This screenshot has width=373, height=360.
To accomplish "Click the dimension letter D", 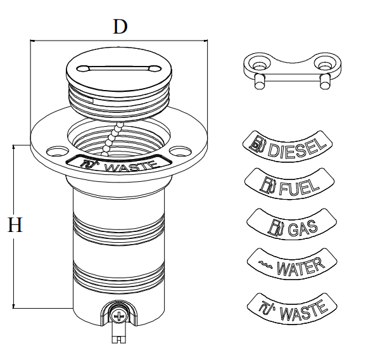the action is point(120,27).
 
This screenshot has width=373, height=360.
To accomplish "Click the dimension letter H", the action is point(15,224).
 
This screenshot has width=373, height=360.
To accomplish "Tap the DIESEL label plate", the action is point(288,146).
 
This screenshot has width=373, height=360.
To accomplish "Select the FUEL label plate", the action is point(289,184).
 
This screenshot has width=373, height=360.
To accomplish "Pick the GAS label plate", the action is point(292,224).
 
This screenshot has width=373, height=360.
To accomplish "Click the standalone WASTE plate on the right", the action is point(292,309).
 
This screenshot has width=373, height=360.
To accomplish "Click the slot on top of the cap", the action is point(118,68).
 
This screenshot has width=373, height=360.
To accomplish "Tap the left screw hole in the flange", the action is point(58,151).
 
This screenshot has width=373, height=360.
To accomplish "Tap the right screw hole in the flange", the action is point(180,151).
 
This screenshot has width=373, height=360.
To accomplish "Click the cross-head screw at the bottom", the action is point(118,316).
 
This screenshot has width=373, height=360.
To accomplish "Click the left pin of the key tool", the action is point(259,82).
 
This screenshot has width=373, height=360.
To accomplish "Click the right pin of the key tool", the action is point(325,82).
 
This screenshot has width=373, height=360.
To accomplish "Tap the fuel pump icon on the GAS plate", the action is point(275,226).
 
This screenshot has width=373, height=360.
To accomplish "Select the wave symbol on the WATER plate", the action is point(265,264).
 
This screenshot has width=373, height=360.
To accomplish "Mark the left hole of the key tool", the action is point(259,65).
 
